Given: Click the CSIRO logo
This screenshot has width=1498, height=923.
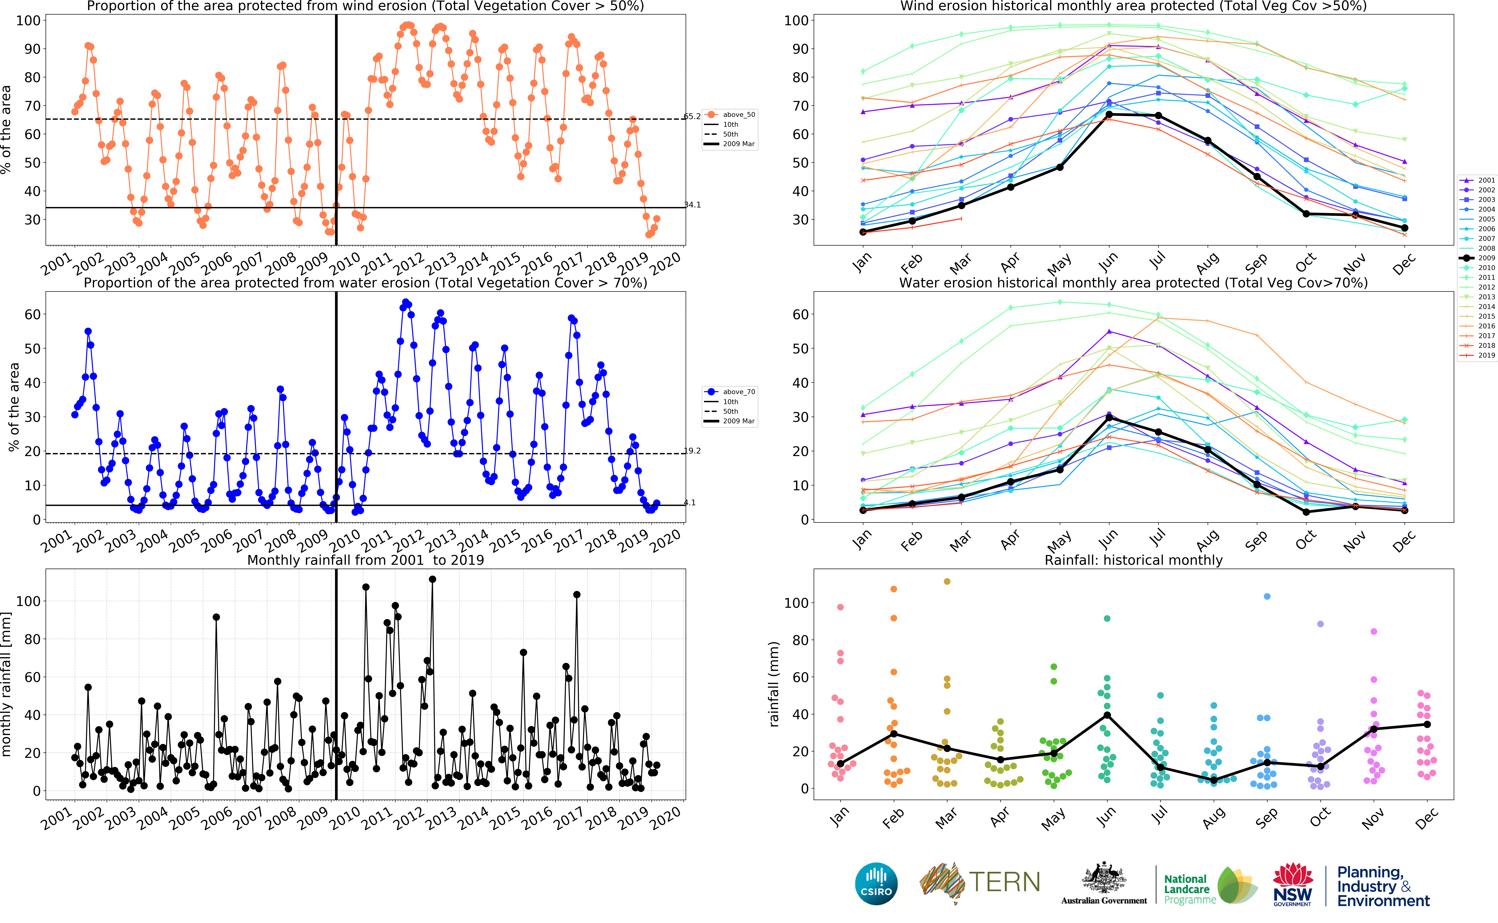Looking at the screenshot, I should (x=876, y=883).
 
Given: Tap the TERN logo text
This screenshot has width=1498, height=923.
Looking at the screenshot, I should (x=1004, y=882).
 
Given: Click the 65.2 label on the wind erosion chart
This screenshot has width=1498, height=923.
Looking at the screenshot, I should (x=692, y=117).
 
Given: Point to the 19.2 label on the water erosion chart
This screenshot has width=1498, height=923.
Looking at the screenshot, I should (x=692, y=451).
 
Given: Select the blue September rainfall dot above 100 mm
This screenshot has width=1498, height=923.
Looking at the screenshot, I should (x=1267, y=596).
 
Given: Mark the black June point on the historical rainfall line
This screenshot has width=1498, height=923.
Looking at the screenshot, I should (x=1107, y=716).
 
